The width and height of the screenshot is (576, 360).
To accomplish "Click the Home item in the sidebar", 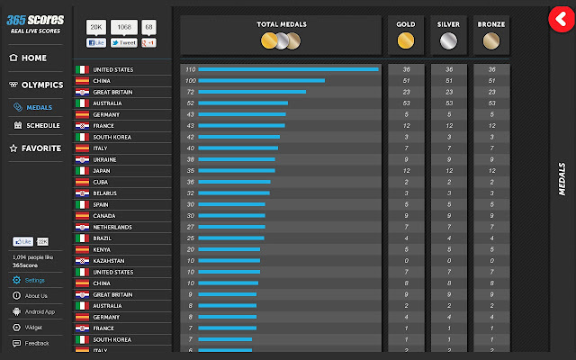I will [33, 58].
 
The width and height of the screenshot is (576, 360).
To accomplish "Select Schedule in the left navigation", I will [42, 126].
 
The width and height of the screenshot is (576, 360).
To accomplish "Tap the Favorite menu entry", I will [41, 148].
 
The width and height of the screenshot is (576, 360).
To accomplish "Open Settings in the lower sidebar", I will [34, 280].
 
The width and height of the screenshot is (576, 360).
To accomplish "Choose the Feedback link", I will [36, 343].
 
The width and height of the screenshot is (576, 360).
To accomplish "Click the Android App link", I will [39, 311].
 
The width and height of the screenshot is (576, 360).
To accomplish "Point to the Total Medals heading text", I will [280, 24].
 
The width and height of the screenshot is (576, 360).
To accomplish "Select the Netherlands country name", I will [113, 227].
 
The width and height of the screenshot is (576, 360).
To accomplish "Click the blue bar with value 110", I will [288, 69].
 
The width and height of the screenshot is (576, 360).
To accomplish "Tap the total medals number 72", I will [190, 92].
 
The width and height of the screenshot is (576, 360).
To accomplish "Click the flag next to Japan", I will [81, 171].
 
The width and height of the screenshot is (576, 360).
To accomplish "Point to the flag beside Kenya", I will [81, 249].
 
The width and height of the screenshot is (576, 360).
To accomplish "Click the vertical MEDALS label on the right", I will [562, 180].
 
